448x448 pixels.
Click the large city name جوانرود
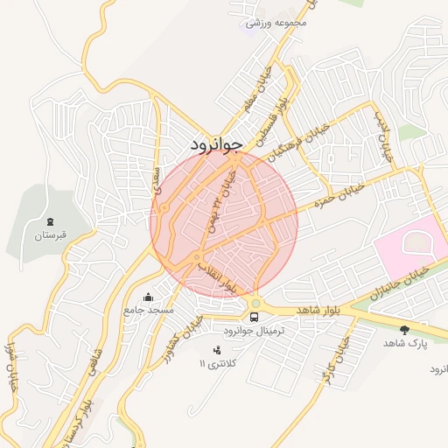(x=215, y=146)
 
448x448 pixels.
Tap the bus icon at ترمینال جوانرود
(x=254, y=317)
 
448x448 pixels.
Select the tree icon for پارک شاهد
(x=404, y=329)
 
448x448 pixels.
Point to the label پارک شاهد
(x=404, y=344)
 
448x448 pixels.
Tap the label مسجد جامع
(x=150, y=311)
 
